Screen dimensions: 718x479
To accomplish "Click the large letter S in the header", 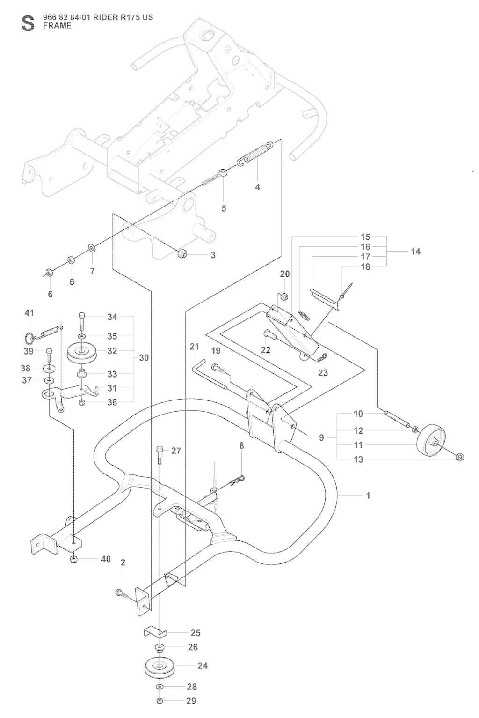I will coord(28,23).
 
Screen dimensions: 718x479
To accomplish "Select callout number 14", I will coord(415,252).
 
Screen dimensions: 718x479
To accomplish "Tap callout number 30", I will coord(144,357).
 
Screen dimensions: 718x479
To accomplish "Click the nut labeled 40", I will coord(73,560).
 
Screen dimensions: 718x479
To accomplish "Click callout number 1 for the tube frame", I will coord(368,495).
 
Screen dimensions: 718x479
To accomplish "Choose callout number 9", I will coord(321,438).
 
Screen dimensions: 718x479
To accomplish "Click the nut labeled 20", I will coord(283,296).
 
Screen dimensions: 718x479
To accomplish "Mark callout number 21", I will coord(195,347).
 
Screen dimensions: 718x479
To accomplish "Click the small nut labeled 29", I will coord(160,701).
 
